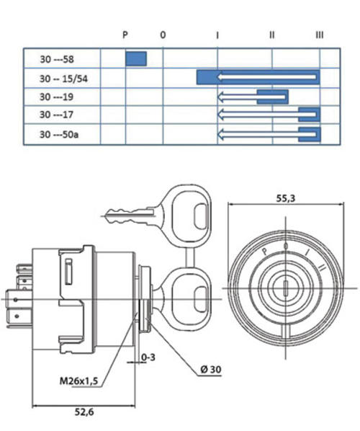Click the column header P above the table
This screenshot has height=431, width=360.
point(125,35)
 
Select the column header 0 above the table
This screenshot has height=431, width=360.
point(163,35)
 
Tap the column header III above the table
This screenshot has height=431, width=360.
point(320,35)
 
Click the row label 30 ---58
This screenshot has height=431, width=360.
point(57,59)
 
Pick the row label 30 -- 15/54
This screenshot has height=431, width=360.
point(63,79)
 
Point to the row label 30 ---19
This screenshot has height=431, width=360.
point(57,97)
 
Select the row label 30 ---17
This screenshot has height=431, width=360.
point(57,115)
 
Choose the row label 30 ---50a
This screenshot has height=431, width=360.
point(59,134)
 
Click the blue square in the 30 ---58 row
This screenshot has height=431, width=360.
point(136,58)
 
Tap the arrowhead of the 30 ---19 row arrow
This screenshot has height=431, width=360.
point(220,97)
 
